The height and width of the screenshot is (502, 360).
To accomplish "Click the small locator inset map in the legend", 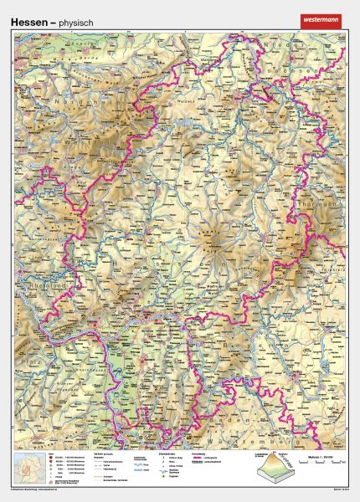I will (29, 466).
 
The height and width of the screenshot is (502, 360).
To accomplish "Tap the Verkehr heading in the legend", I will (100, 456).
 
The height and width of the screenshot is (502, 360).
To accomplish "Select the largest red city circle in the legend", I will (51, 461).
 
